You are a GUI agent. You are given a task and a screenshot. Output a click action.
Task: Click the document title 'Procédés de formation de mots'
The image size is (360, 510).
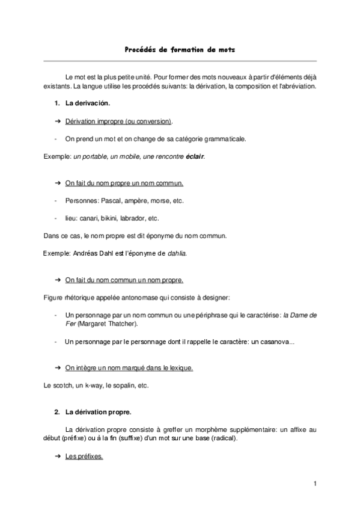(x=180, y=51)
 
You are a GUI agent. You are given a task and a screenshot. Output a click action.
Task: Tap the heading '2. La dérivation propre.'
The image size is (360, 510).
(x=92, y=413)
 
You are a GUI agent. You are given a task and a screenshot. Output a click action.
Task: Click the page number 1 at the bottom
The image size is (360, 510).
(x=314, y=484)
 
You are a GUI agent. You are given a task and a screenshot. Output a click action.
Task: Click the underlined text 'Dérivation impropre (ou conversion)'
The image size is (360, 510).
(x=118, y=121)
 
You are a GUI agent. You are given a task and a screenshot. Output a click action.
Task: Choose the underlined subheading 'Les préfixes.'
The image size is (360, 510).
(x=84, y=456)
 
